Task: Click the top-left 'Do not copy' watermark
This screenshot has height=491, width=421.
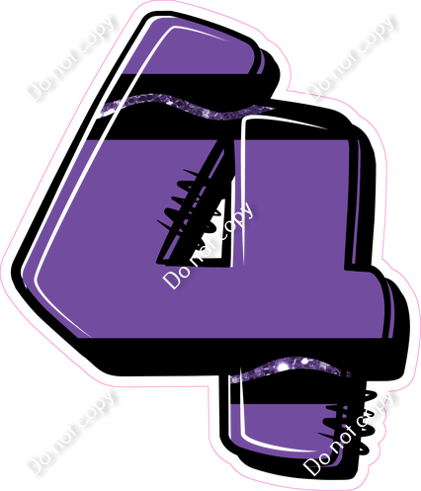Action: [72, 57]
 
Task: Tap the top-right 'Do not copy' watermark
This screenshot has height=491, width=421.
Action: [352, 57]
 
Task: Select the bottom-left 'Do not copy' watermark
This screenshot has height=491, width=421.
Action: [72, 432]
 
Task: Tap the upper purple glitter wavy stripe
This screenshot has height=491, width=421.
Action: [188, 106]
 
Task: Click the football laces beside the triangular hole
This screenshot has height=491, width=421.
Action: [187, 204]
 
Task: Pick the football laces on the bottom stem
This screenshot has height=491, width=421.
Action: [349, 423]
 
